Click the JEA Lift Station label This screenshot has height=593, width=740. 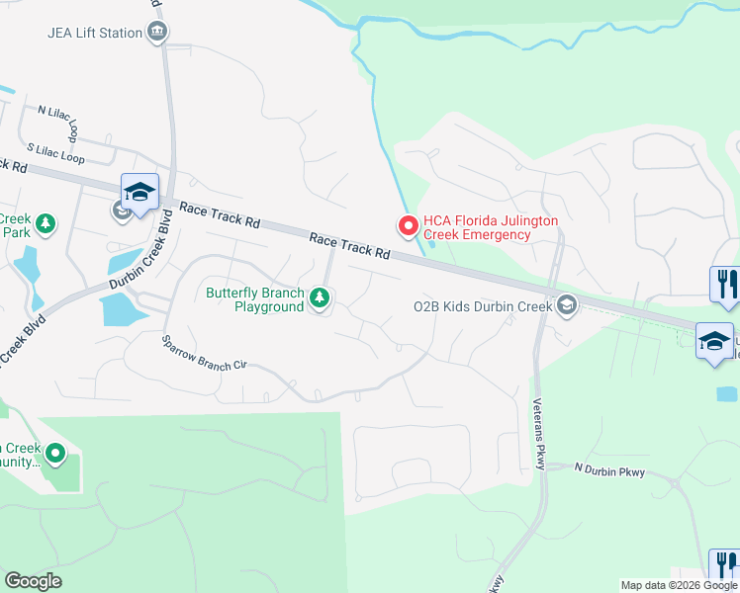pyautogui.click(x=95, y=33)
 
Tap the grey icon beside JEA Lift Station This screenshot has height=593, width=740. pyautogui.click(x=157, y=33)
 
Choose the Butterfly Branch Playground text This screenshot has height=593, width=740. pyautogui.click(x=254, y=299)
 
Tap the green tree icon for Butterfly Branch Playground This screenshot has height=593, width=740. pyautogui.click(x=319, y=297)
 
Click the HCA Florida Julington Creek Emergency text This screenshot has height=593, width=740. pyautogui.click(x=491, y=227)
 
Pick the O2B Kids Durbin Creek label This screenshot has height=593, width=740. pyautogui.click(x=482, y=306)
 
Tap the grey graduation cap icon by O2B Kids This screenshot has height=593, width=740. pyautogui.click(x=566, y=304)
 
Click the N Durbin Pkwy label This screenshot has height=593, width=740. pyautogui.click(x=609, y=471)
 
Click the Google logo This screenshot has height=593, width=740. pyautogui.click(x=33, y=581)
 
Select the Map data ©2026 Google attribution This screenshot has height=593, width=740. pyautogui.click(x=678, y=585)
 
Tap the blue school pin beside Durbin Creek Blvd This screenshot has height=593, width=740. pyautogui.click(x=139, y=192)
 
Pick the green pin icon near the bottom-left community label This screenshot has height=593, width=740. pyautogui.click(x=54, y=455)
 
